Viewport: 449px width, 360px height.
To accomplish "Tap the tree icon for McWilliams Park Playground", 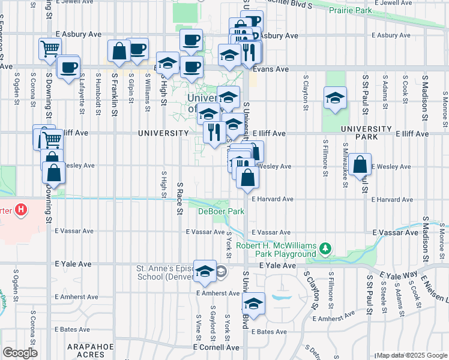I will pyautogui.click(x=325, y=248).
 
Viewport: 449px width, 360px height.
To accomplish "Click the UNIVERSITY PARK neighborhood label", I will pyautogui.click(x=366, y=133).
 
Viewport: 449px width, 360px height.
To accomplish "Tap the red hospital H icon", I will pyautogui.click(x=21, y=210).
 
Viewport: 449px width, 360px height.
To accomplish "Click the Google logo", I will pyautogui.click(x=19, y=353).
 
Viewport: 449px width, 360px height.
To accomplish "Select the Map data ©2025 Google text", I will pyautogui.click(x=411, y=355).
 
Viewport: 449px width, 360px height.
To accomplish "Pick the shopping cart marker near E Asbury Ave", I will pyautogui.click(x=50, y=48).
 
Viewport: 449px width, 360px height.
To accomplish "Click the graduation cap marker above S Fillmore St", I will pyautogui.click(x=335, y=98).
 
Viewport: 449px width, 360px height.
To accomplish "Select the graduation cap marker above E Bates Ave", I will pyautogui.click(x=254, y=303).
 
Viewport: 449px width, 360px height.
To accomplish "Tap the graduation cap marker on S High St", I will pyautogui.click(x=168, y=63).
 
